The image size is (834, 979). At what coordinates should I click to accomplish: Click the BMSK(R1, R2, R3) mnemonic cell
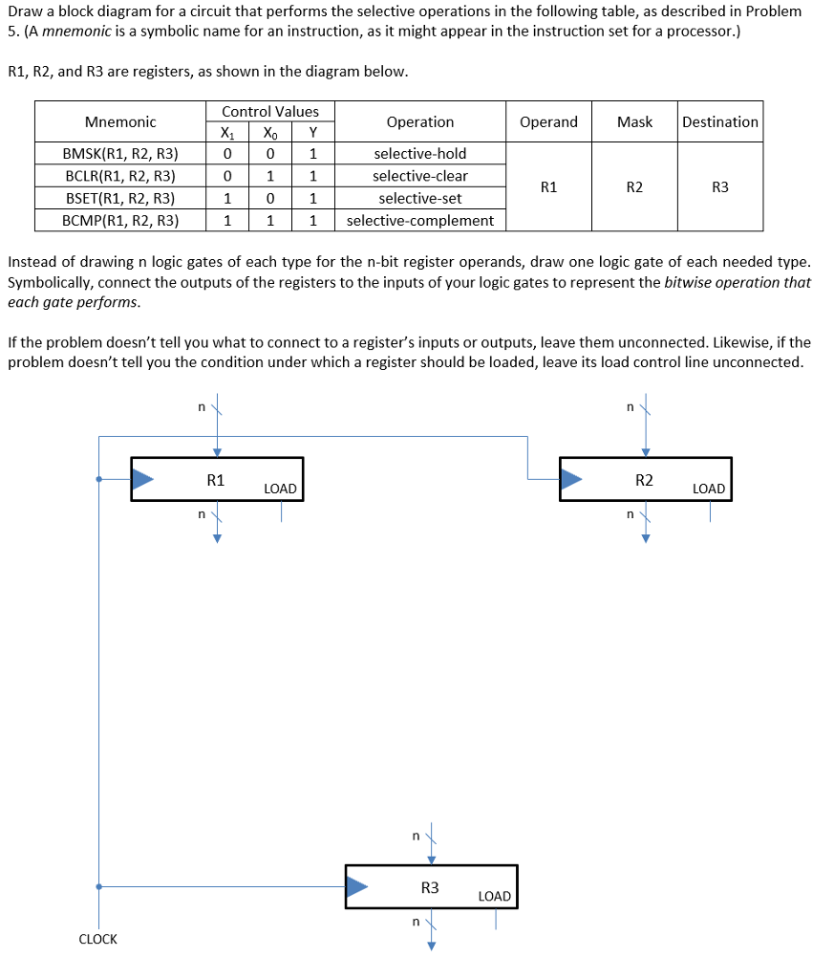pyautogui.click(x=120, y=154)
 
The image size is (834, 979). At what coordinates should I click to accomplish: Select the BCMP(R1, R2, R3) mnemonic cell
pyautogui.click(x=120, y=221)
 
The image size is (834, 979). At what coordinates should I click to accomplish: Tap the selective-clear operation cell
pyautogui.click(x=420, y=176)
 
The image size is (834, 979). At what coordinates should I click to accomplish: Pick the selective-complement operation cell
pyautogui.click(x=420, y=221)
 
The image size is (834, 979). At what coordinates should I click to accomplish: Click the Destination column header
pyautogui.click(x=720, y=121)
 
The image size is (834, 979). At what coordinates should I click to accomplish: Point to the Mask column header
pyautogui.click(x=634, y=121)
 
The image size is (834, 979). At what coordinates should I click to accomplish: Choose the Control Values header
pyautogui.click(x=270, y=112)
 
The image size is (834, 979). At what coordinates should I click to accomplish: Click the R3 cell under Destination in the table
pyautogui.click(x=720, y=187)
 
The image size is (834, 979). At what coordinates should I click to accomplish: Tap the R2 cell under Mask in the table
pyautogui.click(x=634, y=187)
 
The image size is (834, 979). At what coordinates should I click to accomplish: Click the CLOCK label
pyautogui.click(x=97, y=939)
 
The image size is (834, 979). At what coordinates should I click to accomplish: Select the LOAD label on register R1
pyautogui.click(x=280, y=489)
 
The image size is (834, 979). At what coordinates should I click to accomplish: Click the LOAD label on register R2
pyautogui.click(x=709, y=489)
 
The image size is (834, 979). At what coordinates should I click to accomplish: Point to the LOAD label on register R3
pyautogui.click(x=494, y=896)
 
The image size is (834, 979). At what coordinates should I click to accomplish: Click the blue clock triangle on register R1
pyautogui.click(x=142, y=479)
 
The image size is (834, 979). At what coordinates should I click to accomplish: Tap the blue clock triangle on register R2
pyautogui.click(x=571, y=479)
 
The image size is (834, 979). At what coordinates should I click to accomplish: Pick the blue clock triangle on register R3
pyautogui.click(x=356, y=887)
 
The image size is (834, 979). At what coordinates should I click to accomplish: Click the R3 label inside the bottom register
pyautogui.click(x=430, y=887)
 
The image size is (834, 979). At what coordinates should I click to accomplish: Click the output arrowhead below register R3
pyautogui.click(x=431, y=946)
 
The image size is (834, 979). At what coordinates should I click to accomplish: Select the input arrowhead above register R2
pyautogui.click(x=645, y=451)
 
